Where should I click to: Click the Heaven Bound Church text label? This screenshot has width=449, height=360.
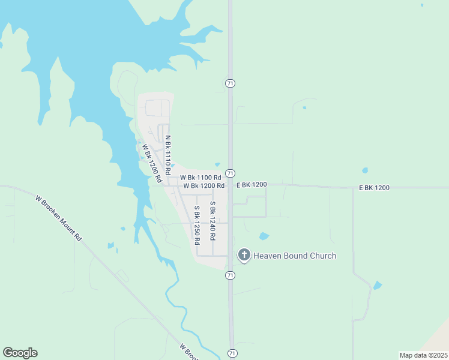295,256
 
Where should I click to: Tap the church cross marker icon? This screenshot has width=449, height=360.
244,255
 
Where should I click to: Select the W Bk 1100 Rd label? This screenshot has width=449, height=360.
200,178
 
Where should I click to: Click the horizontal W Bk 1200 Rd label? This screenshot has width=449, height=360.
204,186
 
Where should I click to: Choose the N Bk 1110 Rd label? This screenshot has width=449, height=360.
168,150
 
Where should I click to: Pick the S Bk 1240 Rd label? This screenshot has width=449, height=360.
212,221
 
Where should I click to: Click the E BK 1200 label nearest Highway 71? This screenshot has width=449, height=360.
251,185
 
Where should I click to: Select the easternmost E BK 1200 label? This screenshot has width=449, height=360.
375,188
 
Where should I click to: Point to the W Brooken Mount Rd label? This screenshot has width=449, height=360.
58,217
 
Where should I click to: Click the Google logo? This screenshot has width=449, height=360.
20,353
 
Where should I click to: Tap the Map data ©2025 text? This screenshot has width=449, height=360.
423,355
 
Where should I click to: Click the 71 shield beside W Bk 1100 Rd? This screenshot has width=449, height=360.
230,173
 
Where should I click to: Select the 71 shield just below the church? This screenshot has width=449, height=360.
230,275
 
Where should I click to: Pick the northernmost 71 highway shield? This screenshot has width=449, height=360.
230,83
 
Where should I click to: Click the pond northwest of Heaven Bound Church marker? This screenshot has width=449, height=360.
264,236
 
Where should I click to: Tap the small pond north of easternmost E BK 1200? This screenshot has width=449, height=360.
364,170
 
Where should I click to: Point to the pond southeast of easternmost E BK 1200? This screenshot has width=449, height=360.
377,286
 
